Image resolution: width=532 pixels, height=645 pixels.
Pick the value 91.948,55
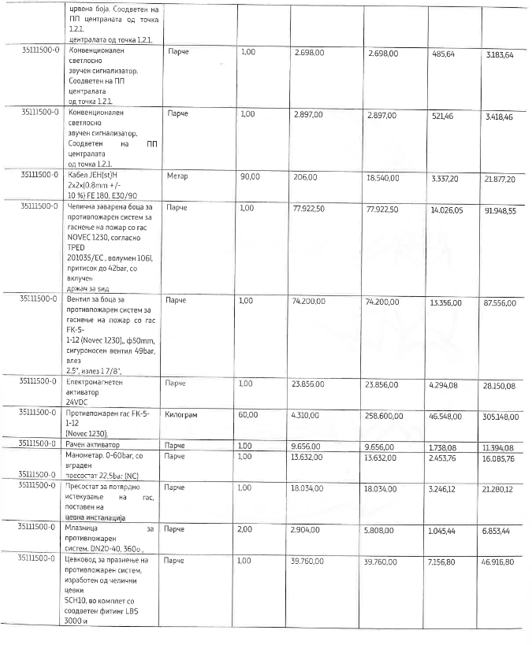[500, 211]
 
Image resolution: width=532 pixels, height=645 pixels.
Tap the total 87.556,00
[500, 302]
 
